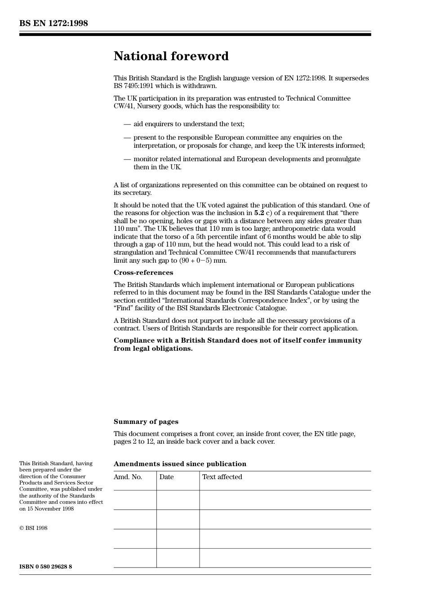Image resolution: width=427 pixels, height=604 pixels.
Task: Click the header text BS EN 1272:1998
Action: point(53,23)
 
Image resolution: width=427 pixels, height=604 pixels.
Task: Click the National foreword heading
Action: point(171,56)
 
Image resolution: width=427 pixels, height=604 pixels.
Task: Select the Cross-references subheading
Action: point(143,273)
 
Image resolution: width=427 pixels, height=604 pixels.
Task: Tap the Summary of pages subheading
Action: point(146,422)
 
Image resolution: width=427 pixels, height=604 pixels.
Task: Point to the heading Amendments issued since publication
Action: point(180,464)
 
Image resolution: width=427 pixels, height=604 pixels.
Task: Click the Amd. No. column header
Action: point(128,477)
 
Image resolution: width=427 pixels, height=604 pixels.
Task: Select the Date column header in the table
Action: point(166,477)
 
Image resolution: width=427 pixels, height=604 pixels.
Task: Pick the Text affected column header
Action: point(222,477)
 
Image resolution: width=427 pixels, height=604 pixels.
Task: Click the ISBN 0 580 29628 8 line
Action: point(45,567)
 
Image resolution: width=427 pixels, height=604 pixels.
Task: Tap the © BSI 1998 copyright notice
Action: point(33,528)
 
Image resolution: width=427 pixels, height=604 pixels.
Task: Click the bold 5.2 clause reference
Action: point(259,213)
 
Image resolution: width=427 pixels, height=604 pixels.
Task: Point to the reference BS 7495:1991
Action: point(133,86)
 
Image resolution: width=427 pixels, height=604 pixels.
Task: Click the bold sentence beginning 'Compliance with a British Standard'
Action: point(237,344)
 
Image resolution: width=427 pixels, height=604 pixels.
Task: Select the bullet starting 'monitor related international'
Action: point(246,163)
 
